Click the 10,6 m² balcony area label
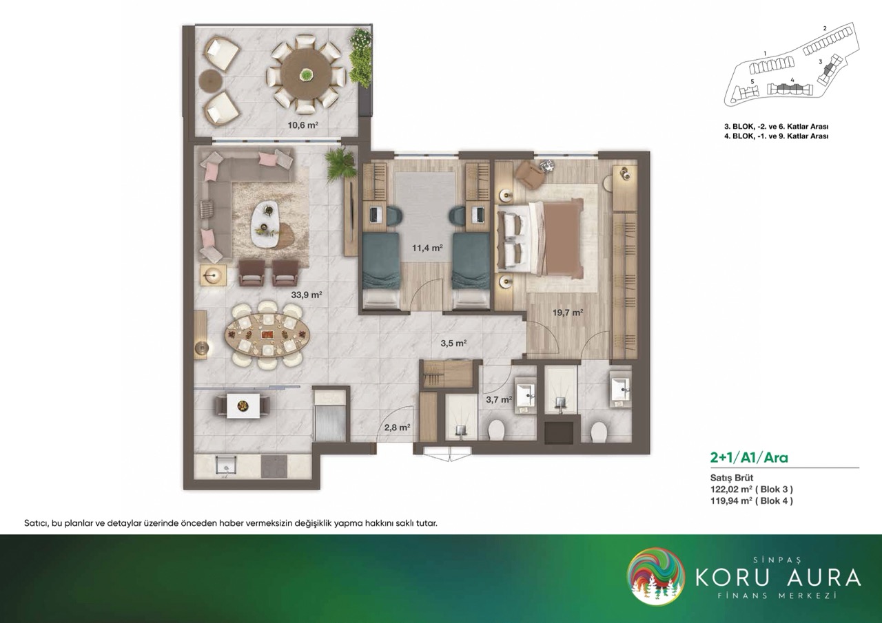point(302,125)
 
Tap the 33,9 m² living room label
point(307,295)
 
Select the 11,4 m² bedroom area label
point(428,248)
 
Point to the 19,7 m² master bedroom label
point(567,313)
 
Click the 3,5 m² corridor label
point(453,343)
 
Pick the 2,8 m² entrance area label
point(398,427)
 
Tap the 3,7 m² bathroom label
point(499,399)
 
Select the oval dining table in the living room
point(267,335)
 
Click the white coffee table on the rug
point(267,224)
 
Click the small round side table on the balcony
point(210,81)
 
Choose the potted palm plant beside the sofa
point(340,165)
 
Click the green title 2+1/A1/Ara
point(749,458)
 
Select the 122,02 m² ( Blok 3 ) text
point(751,489)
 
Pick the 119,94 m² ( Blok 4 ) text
point(751,500)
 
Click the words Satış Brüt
point(732,478)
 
